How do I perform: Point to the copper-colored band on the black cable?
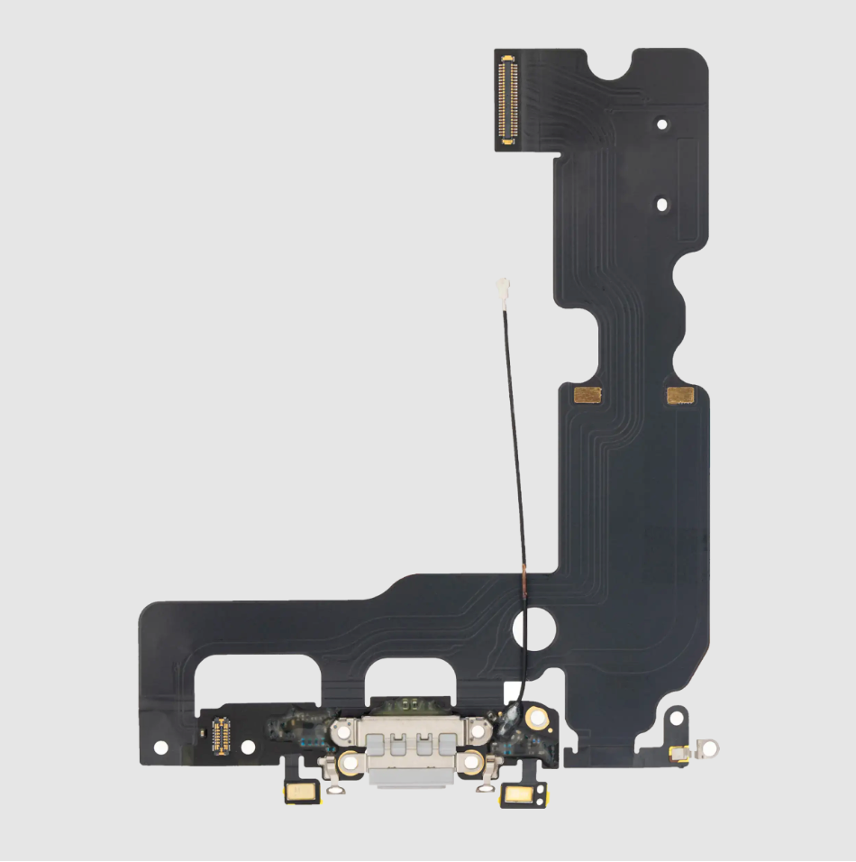point(523,582)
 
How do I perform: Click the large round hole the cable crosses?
point(533,630)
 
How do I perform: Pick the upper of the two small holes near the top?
point(662,124)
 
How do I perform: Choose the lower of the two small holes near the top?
point(662,205)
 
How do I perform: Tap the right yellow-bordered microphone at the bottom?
point(520,794)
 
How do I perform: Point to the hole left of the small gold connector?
point(161,747)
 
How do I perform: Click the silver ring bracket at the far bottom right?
point(711,747)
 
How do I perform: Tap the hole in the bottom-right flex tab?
point(673,720)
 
